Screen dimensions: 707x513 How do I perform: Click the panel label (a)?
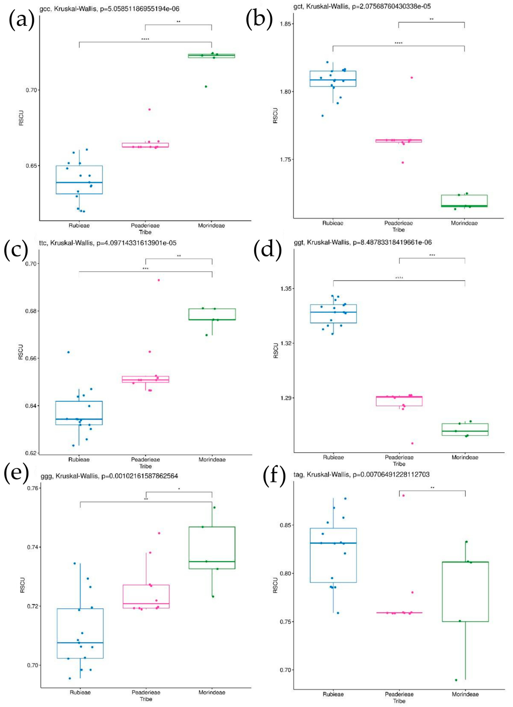click(21, 19)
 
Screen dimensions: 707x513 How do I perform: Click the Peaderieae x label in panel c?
click(146, 460)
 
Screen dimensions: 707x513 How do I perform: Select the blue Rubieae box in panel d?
click(333, 314)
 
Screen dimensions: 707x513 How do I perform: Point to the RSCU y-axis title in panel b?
click(275, 116)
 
